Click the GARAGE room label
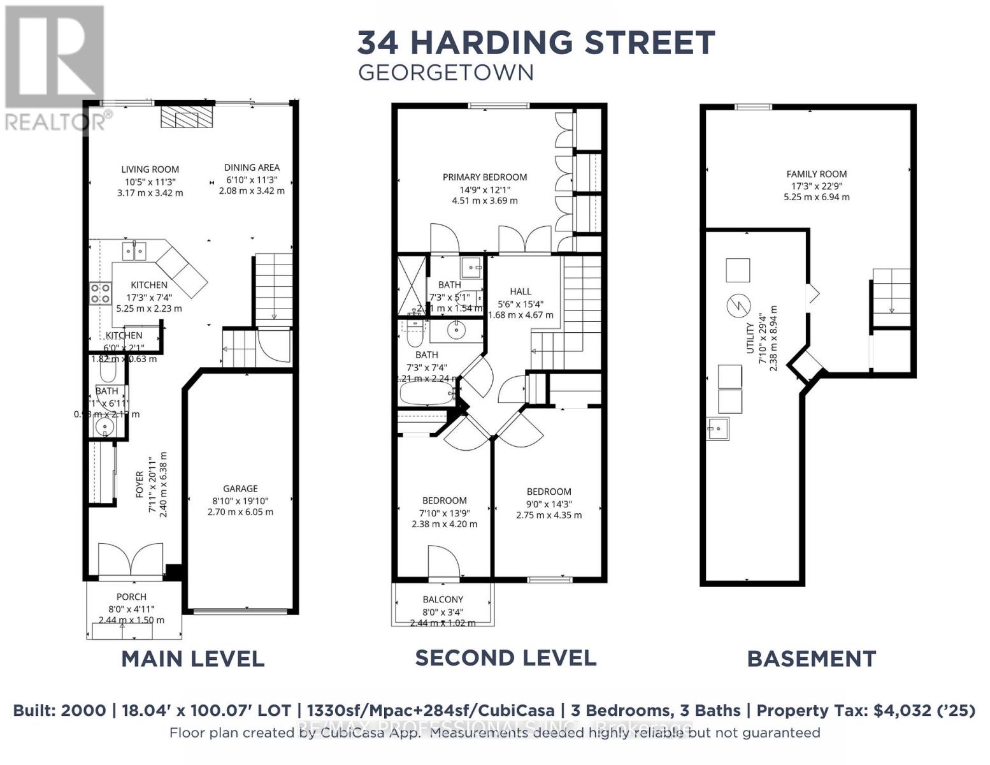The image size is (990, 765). tap(240, 488)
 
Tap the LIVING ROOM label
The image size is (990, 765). tap(150, 169)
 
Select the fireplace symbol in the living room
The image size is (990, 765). tap(187, 117)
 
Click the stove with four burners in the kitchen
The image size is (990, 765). tap(100, 293)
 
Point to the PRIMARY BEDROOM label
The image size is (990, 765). tap(484, 177)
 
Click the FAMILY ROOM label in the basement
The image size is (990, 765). tap(816, 173)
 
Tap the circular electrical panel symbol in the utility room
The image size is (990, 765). tap(738, 305)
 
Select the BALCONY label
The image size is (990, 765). tap(443, 599)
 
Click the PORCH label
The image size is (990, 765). tap(131, 597)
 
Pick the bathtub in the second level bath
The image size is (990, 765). tap(425, 393)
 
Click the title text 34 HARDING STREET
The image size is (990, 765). tap(536, 43)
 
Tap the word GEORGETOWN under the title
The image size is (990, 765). tap(445, 73)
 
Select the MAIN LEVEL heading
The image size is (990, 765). tap(192, 659)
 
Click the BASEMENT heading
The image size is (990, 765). tap(811, 659)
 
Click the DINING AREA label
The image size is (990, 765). tap(252, 167)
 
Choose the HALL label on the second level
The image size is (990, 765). tap(520, 291)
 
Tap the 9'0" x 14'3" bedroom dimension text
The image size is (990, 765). tap(549, 503)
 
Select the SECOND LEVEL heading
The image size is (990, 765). tap(505, 658)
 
